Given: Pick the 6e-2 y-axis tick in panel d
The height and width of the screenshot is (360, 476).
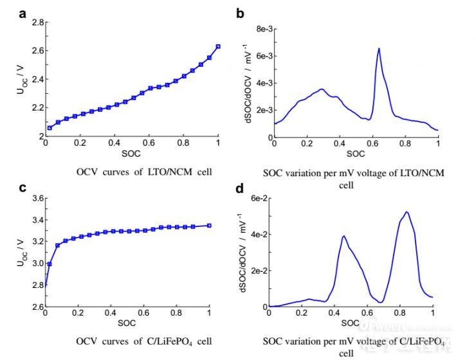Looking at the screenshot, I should (258, 199).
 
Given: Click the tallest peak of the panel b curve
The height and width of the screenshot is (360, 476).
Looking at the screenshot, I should (379, 49).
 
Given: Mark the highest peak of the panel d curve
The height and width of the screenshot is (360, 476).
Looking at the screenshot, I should (407, 212).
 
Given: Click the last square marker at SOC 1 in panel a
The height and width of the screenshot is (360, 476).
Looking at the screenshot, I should (218, 46).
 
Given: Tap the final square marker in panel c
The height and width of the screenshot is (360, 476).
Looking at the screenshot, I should (210, 226).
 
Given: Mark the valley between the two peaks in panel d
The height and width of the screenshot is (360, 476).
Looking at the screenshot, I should (381, 302).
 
